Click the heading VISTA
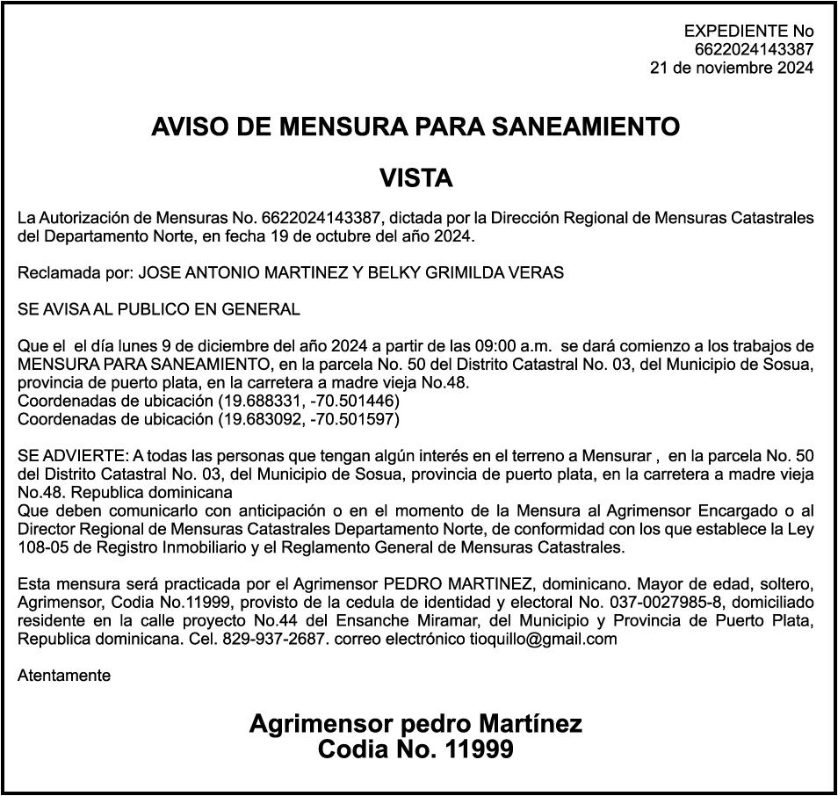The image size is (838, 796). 415,179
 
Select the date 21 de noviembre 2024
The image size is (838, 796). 731,68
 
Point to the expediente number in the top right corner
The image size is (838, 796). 754,50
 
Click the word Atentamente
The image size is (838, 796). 64,676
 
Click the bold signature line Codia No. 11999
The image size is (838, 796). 415,750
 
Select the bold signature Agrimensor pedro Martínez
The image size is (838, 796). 415,724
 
